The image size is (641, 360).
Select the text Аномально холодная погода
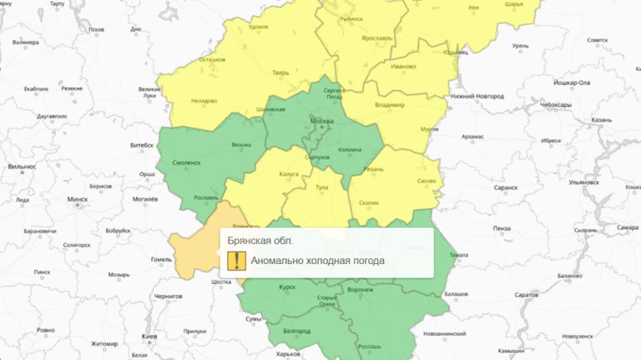317,261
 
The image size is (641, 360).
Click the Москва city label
321,122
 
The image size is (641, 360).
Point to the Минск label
78,200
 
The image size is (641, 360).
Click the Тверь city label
280,73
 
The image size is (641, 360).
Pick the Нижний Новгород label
477,96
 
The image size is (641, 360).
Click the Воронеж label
359,290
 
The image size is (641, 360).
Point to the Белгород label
296,331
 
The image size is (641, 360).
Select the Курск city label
286,286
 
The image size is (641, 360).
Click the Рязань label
372,169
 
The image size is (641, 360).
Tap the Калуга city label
289,174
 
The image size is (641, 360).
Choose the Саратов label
527,295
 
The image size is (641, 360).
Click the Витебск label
143,145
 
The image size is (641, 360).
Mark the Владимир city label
389,105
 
